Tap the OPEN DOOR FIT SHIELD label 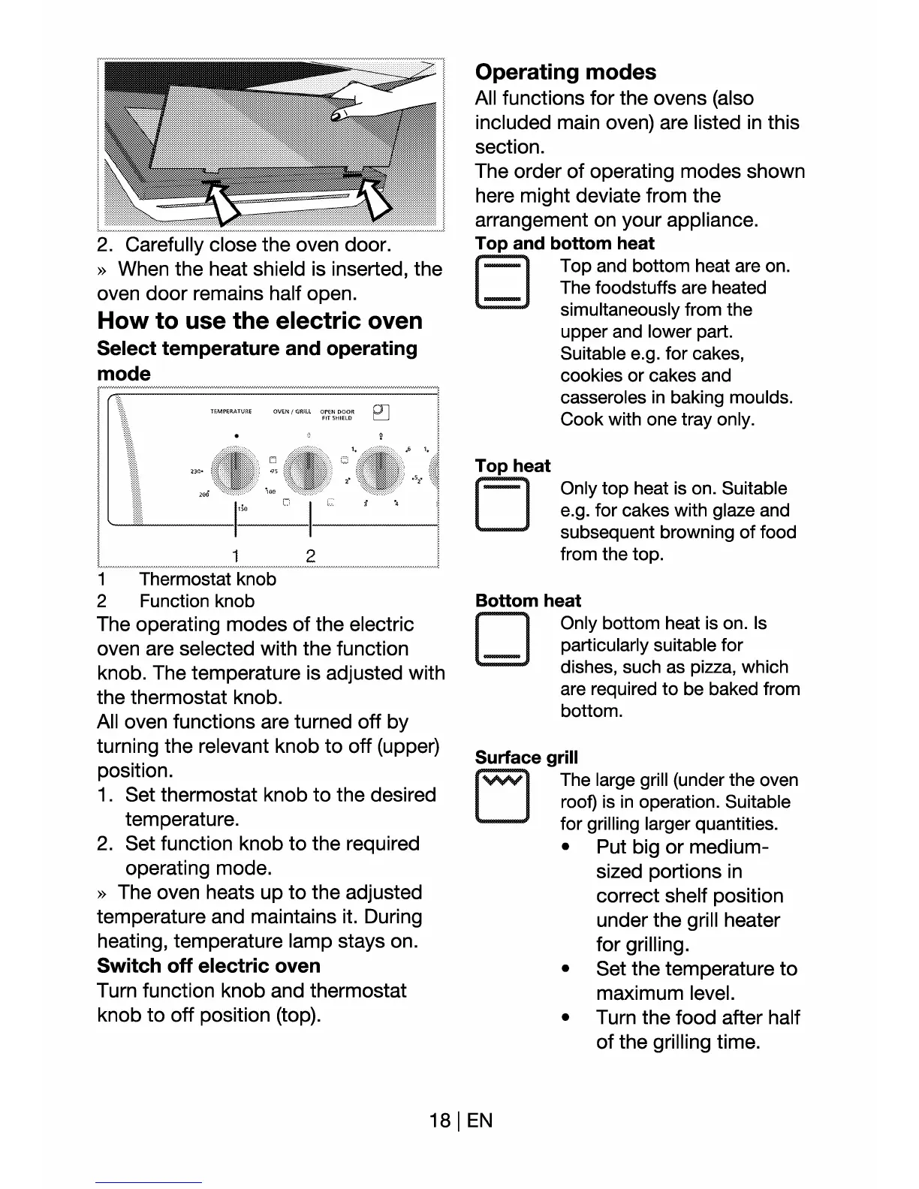pos(337,414)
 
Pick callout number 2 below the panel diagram pos(310,555)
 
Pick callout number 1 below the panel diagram pos(236,555)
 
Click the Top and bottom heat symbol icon pos(502,282)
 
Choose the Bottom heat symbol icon pos(502,640)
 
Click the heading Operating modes pos(565,72)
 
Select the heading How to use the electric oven pos(260,321)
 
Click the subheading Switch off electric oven pos(209,965)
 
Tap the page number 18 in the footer pos(439,1121)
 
